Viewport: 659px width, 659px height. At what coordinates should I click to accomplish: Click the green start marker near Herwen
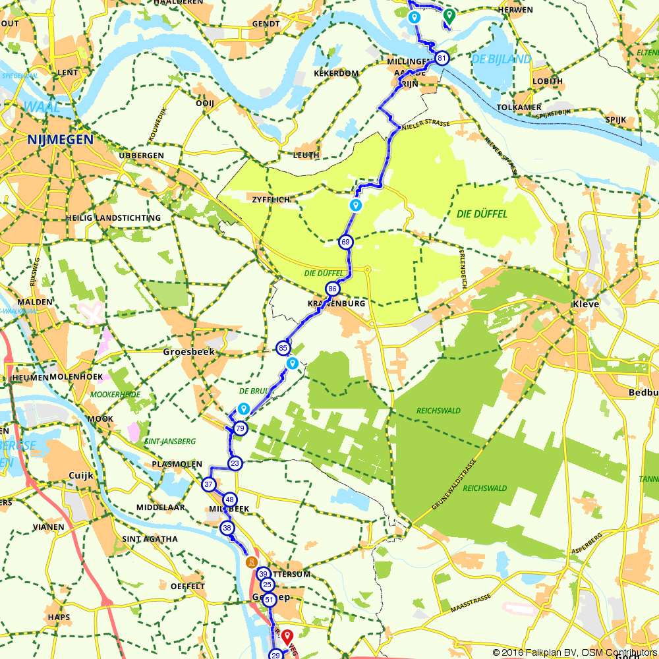449,15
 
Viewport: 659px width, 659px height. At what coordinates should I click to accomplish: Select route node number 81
442,59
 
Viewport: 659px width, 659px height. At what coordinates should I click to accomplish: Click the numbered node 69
346,242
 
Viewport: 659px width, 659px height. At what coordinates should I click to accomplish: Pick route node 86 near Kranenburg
333,289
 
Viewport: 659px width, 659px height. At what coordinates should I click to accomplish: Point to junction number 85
283,347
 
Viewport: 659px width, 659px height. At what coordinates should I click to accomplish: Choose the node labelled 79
240,428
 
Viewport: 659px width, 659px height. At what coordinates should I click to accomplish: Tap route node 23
235,464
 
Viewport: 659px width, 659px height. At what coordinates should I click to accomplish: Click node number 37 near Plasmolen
209,485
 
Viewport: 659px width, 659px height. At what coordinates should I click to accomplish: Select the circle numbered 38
227,527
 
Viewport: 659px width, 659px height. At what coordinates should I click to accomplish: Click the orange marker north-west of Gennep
250,562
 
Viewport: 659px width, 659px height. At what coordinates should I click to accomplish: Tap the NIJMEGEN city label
60,139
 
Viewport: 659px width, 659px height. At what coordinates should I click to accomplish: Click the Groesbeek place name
188,352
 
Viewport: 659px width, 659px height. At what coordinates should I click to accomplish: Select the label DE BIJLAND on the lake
501,60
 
